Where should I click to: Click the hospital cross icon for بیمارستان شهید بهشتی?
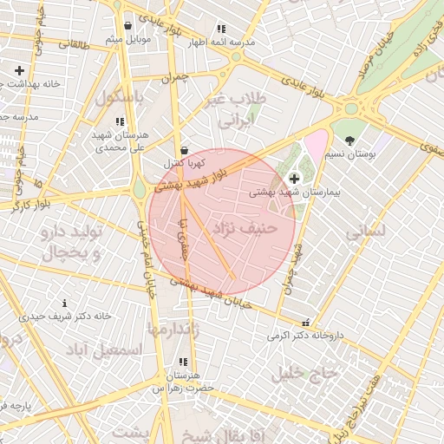click(293, 178)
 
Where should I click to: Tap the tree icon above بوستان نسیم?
click(349, 140)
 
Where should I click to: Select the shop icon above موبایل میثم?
click(128, 26)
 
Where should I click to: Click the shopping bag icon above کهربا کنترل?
click(184, 149)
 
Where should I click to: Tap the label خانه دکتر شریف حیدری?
click(64, 317)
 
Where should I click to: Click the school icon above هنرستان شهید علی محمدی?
click(119, 122)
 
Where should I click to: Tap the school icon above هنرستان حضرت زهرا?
click(182, 362)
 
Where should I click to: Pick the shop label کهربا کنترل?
click(184, 163)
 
